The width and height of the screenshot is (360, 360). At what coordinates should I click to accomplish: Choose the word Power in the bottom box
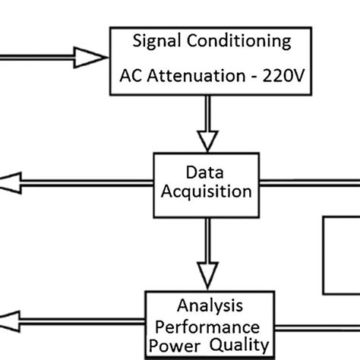click(x=178, y=346)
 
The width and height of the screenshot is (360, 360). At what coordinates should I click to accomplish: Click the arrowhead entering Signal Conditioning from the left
click(x=91, y=56)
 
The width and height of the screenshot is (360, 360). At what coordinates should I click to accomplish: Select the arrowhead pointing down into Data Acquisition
click(x=207, y=141)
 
